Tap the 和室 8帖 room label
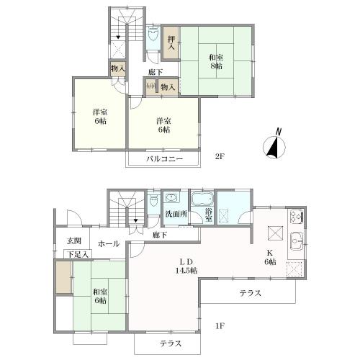pos(216,61)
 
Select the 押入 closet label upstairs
pos(171,43)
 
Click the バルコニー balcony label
pos(165,159)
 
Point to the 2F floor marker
pos(220,157)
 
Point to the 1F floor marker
pos(220,326)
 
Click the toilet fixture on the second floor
pos(153,35)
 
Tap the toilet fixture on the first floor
pos(153,201)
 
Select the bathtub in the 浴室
pos(202,198)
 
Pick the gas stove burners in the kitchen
pos(297,217)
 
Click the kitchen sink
pos(296,241)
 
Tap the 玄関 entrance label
pos(74,241)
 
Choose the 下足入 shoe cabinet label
pos(78,254)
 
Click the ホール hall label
pos(109,244)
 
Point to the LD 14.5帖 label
pos(186,266)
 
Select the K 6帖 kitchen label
pos(270,257)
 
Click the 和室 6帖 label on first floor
pos(100,297)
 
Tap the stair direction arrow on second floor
pos(118,37)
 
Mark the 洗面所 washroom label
pos(176,214)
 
